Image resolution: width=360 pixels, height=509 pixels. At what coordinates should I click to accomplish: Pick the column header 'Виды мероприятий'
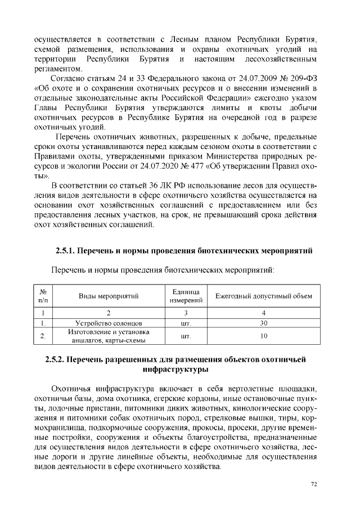coord(109,296)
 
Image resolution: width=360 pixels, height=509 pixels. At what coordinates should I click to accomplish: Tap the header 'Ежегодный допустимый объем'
coord(263,296)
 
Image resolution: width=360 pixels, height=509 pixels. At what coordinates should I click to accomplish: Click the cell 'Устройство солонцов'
coord(109,323)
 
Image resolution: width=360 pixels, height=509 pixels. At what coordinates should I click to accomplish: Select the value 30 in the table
coord(263,323)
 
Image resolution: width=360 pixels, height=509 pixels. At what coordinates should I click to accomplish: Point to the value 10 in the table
coord(263,336)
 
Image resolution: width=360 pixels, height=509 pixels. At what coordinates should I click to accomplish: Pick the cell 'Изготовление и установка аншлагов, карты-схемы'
coord(109,336)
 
